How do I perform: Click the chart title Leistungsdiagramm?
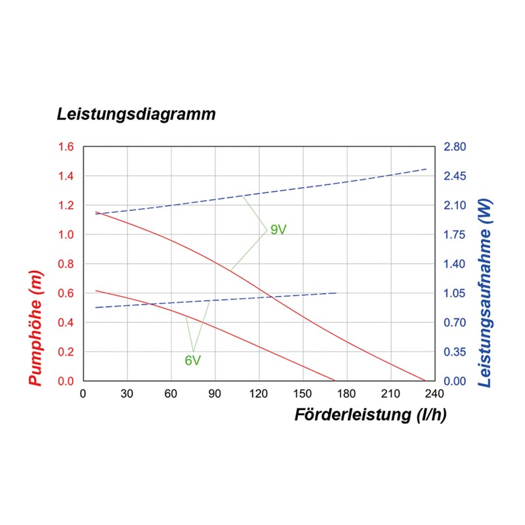136,114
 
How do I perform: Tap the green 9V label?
278,230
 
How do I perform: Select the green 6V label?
192,360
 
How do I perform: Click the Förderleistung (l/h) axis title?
371,415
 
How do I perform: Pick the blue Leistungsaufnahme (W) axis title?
486,292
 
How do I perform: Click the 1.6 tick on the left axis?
66,147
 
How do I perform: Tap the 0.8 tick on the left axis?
66,264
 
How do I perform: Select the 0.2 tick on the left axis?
66,352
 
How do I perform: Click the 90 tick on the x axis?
215,394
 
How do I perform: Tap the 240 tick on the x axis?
434,394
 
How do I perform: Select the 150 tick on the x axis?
303,394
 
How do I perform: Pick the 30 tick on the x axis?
127,394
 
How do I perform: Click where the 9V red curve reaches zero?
425,381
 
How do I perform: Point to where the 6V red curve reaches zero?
335,381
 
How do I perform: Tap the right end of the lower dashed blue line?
337,293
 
